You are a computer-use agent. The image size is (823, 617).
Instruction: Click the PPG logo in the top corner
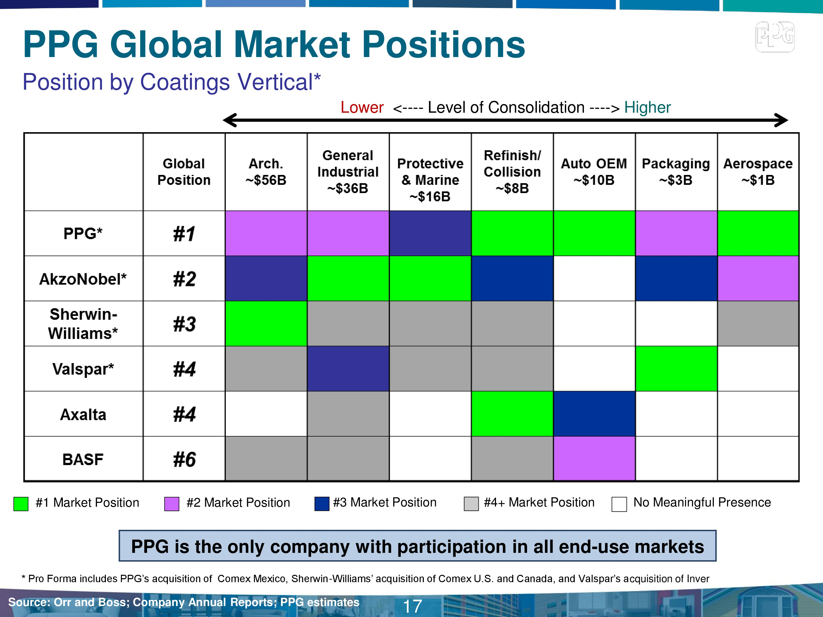775,36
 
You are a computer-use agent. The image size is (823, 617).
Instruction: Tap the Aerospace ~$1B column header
758,172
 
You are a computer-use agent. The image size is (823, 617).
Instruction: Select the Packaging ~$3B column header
676,172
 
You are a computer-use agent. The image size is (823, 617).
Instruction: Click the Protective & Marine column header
430,180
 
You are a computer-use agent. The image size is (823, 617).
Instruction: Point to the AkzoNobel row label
83,279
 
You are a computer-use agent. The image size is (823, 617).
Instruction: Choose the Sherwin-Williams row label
83,324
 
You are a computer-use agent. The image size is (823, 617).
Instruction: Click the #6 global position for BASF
184,459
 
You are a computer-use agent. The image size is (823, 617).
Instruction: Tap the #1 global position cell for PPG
184,234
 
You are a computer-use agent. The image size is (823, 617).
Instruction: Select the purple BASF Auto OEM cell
594,458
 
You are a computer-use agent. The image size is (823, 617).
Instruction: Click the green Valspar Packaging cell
676,369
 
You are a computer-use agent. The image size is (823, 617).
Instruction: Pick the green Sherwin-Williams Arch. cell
266,324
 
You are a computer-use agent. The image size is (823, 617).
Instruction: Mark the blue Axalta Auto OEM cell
594,414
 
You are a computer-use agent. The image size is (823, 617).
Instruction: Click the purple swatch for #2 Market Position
171,503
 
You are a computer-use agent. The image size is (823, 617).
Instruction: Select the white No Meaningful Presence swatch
619,504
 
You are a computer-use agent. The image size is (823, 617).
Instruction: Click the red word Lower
362,107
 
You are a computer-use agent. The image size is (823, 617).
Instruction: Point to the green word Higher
647,107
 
